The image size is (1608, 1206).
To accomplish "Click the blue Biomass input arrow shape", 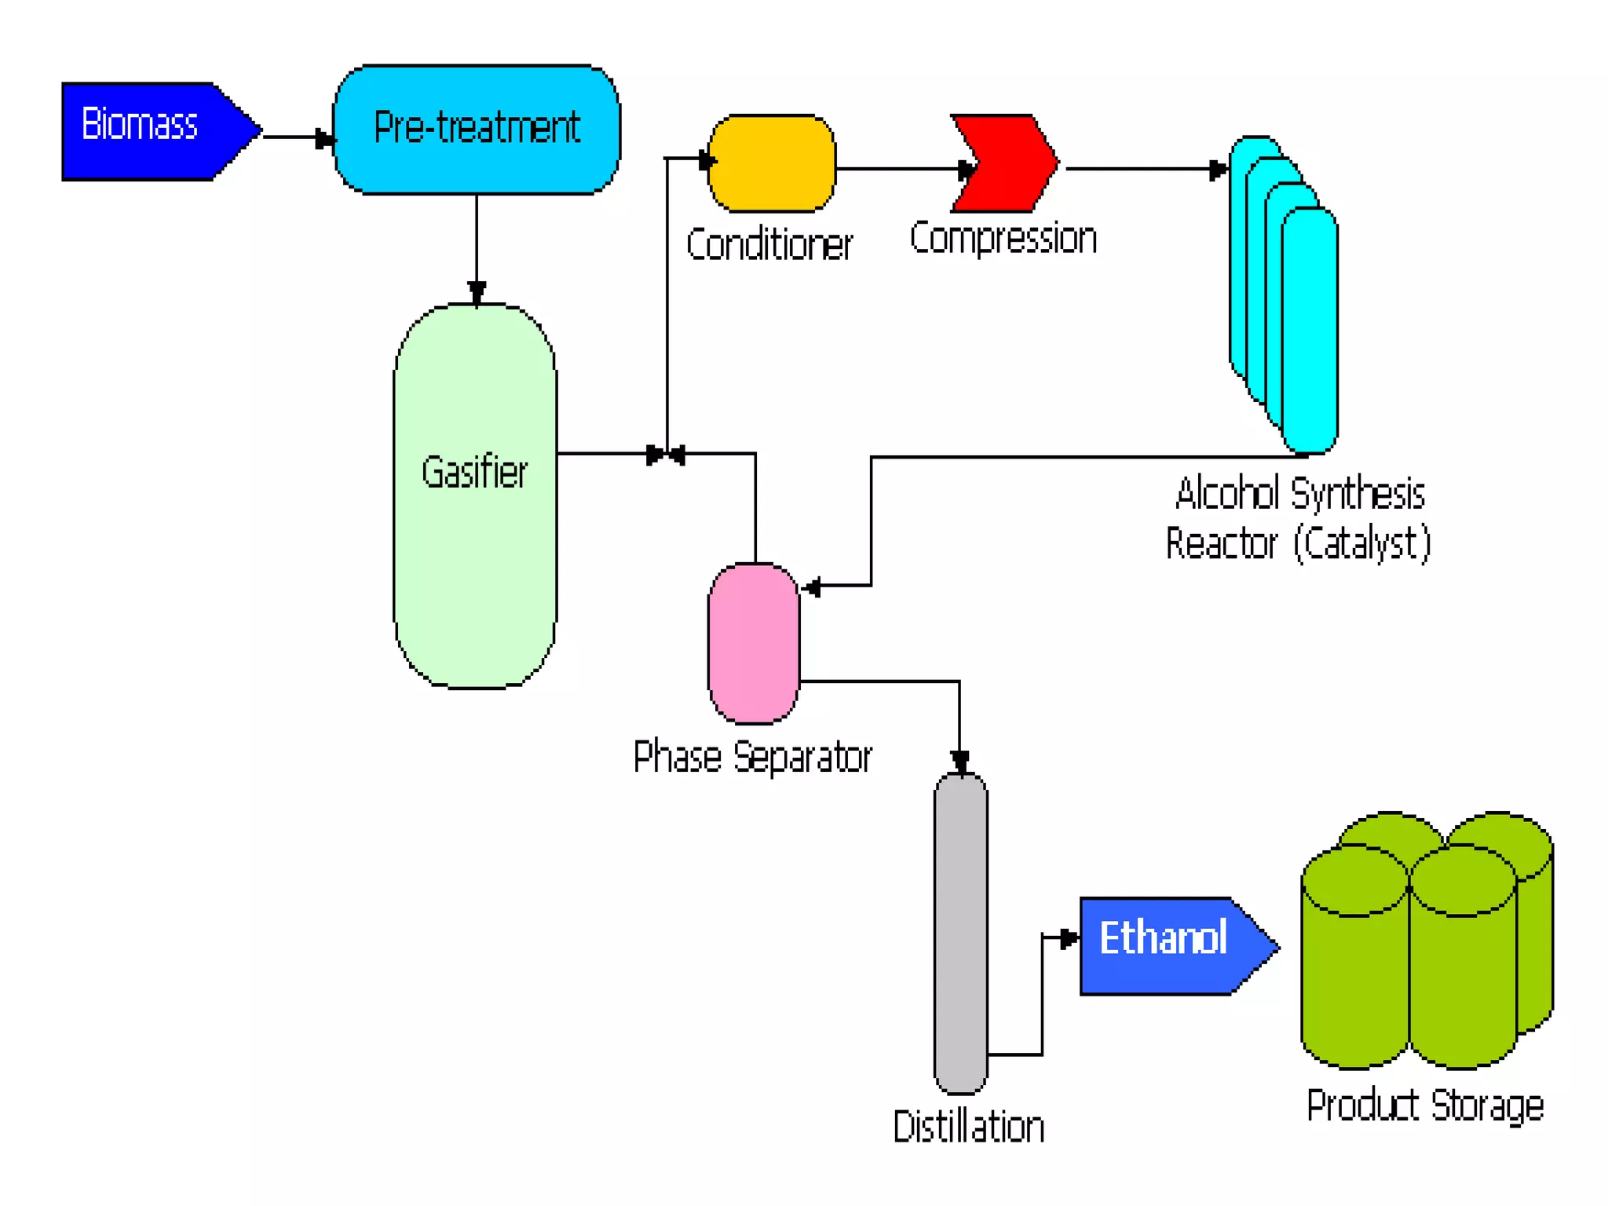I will [149, 131].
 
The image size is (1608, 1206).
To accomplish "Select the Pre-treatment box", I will [477, 130].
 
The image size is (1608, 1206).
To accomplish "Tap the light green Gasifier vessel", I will [475, 550].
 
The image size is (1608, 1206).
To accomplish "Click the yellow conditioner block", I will [771, 163].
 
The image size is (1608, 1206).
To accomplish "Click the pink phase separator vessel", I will [754, 644].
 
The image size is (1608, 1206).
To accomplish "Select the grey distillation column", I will [960, 934].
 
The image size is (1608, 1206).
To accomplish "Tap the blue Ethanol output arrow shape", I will [1170, 946].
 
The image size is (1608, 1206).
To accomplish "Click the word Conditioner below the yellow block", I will [769, 244].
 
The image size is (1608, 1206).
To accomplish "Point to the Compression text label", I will [1003, 238].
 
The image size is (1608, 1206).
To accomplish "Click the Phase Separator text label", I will [752, 757].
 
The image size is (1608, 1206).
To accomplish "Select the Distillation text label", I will [969, 1127].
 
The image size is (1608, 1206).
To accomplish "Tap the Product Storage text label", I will [1425, 1105].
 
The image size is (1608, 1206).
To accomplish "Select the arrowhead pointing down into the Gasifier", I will [477, 293].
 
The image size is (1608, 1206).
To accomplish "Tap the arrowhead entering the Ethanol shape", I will [1069, 938].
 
